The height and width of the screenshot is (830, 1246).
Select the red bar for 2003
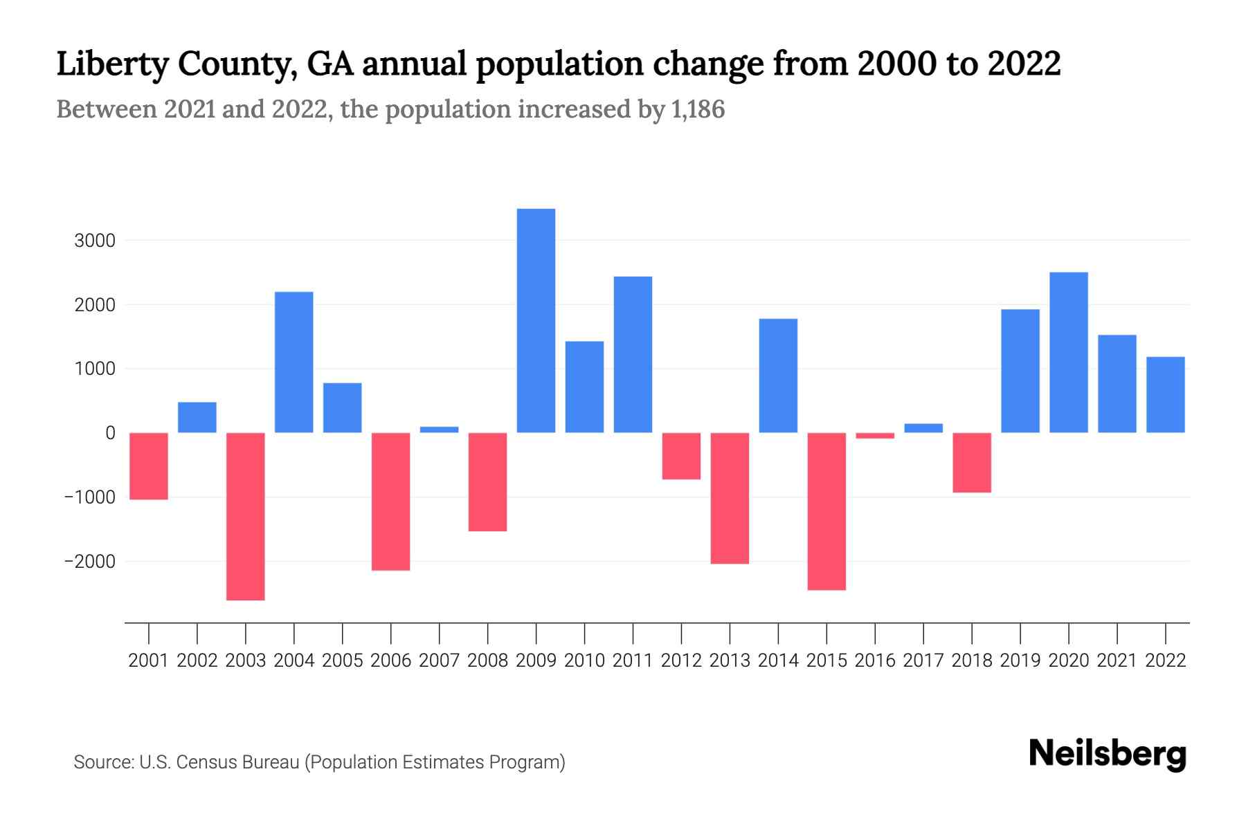click(x=246, y=516)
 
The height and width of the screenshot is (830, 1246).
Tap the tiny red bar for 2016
click(x=875, y=436)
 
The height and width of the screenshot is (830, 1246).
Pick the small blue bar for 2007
click(x=439, y=430)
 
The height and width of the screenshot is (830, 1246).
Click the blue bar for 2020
click(x=1068, y=352)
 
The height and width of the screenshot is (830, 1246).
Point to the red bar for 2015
click(x=827, y=511)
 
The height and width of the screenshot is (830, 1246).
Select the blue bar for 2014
click(x=778, y=376)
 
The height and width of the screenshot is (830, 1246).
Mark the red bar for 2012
click(x=681, y=456)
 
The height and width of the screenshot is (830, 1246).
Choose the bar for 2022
click(x=1165, y=394)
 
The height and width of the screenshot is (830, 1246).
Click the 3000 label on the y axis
click(x=96, y=241)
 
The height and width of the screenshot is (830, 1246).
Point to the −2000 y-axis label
click(x=89, y=562)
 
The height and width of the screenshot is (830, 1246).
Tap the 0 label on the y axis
click(x=110, y=433)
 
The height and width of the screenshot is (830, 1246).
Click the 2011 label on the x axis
click(x=633, y=661)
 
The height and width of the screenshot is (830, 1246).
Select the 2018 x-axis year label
click(x=972, y=661)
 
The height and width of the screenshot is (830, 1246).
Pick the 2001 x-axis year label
click(x=149, y=661)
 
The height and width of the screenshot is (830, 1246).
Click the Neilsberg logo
click(x=1107, y=754)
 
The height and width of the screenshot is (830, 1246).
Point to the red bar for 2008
click(x=487, y=481)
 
